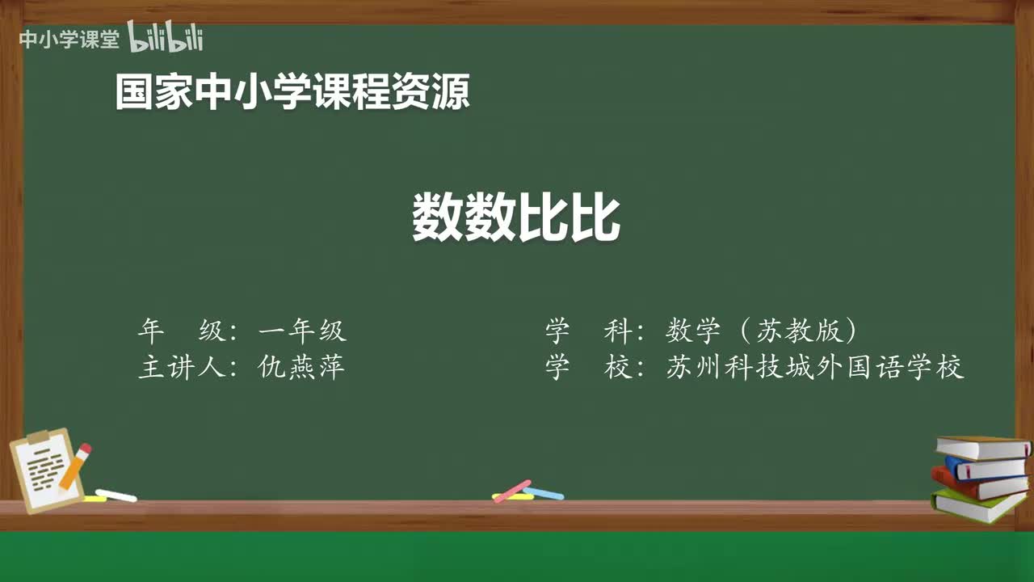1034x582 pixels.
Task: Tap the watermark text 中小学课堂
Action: click(69, 40)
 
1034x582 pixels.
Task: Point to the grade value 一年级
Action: click(302, 331)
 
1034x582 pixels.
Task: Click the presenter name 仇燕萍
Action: click(301, 368)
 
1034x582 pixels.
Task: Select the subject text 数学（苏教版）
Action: click(762, 331)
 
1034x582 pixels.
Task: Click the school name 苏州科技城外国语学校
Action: click(815, 368)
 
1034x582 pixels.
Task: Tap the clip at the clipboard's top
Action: click(39, 437)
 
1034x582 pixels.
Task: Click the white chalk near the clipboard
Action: click(116, 495)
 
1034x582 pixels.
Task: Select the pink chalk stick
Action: click(512, 491)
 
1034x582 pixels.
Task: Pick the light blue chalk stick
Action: click(544, 492)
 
